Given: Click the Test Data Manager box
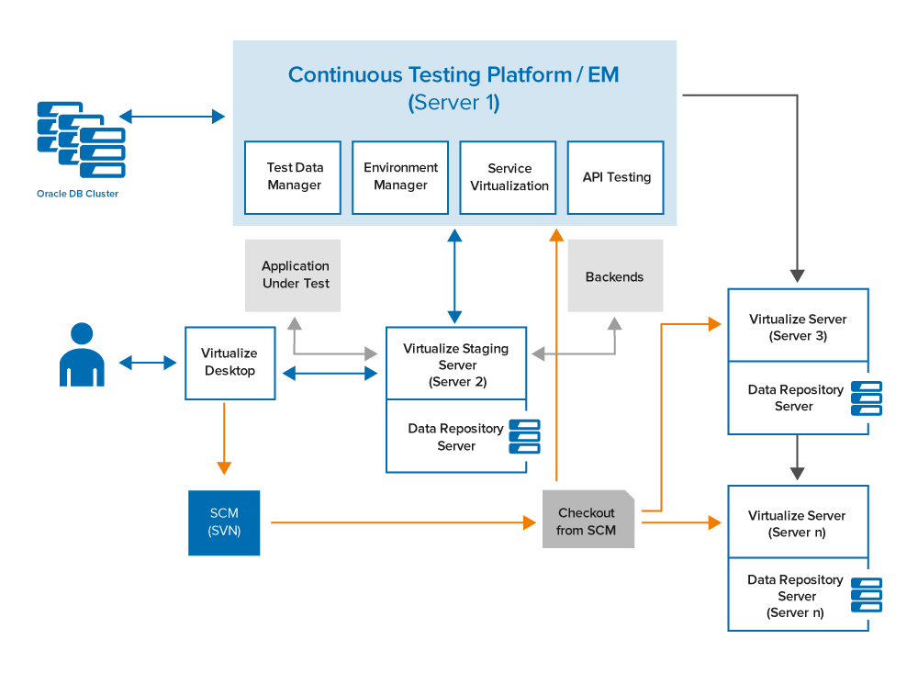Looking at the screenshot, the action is pos(293,177).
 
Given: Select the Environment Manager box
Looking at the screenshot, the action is pos(400,177).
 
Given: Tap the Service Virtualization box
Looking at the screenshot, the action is pos(509,177).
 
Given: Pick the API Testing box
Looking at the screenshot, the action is pos(616,177).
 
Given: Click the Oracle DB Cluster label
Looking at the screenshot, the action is pos(77,194).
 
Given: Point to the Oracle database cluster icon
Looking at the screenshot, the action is pos(82,140).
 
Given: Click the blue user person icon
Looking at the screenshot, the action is pos(82,354).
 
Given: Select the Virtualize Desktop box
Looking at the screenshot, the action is pos(230,364).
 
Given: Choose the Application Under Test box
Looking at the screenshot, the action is pos(293,275).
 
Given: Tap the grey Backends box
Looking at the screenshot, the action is pos(615,275).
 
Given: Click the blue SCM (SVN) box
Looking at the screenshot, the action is pos(224,522).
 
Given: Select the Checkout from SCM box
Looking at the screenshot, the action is pos(588,519).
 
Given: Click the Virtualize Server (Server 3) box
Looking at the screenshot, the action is pos(798,325).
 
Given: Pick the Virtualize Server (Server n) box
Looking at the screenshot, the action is pos(798,522).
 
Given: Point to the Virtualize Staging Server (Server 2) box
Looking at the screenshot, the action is pos(456,364).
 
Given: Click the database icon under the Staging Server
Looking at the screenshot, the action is pos(524,436).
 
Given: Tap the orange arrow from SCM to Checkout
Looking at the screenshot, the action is pos(403,522).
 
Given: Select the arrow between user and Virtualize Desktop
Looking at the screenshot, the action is pos(148,363).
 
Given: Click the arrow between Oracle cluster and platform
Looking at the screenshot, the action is pos(172,116).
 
